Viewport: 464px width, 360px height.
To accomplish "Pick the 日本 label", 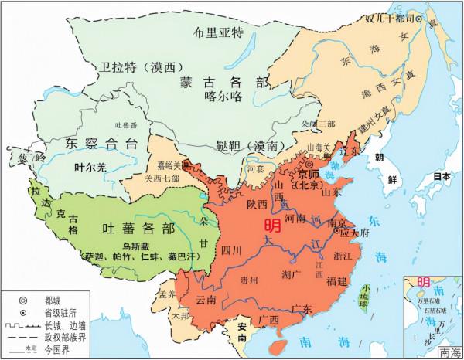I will pyautogui.click(x=441, y=176).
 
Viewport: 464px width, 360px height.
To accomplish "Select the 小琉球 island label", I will pyautogui.click(x=363, y=297).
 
